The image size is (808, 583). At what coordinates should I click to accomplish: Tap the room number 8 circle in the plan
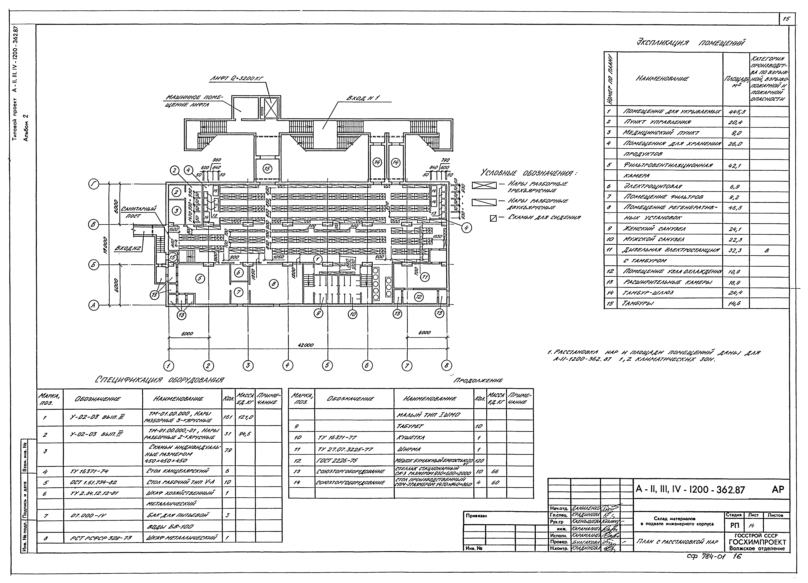[274, 284]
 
